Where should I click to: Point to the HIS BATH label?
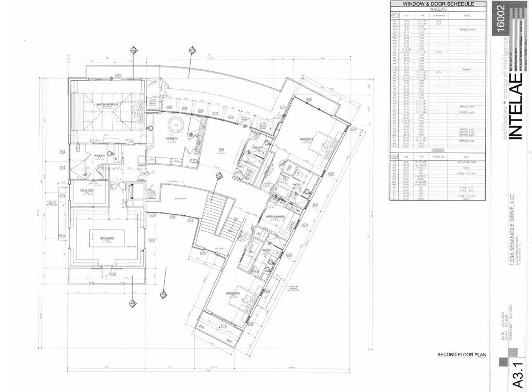coord(99,156)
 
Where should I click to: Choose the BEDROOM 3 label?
coord(234,293)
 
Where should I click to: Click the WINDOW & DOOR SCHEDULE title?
coord(438,4)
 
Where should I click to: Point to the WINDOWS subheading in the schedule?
coord(438,9)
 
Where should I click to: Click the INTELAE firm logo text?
coord(515,107)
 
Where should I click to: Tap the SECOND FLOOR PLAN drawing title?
coord(462,355)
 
